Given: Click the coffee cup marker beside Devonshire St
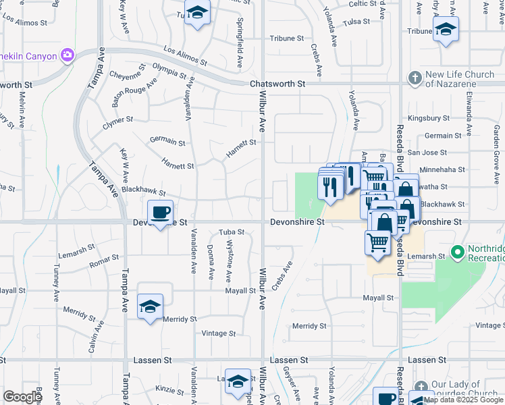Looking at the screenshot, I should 160,213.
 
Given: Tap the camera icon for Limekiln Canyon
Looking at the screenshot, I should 67,55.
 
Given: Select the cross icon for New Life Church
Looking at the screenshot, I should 415,78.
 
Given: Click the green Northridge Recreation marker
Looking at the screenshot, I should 458,253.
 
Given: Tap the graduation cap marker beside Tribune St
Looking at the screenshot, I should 445,29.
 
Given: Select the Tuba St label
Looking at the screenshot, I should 231,233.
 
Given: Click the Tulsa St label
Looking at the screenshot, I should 356,22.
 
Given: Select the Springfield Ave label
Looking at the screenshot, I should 239,46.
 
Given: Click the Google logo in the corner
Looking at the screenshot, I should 22,397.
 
